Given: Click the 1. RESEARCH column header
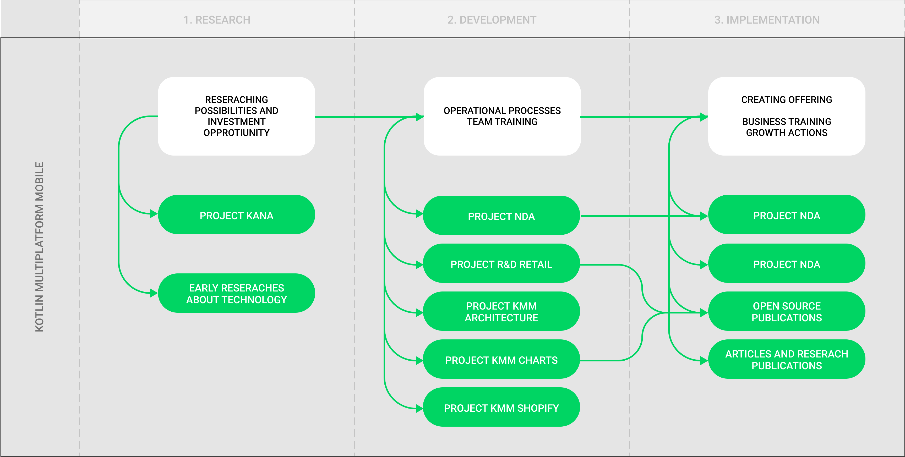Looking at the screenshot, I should click(x=217, y=20).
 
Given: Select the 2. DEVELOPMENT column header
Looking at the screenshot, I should click(x=492, y=20).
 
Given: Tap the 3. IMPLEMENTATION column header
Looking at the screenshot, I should click(x=767, y=20).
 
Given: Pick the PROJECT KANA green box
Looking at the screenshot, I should click(x=236, y=215).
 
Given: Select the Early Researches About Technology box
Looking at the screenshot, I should click(x=236, y=293).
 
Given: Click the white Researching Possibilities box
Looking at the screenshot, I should click(x=236, y=116).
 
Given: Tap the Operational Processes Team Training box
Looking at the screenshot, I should click(x=502, y=116).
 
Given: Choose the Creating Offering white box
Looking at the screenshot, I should click(x=786, y=116).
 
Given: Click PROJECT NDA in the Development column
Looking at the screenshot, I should click(x=501, y=216).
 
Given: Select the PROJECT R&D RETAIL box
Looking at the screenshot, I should click(x=501, y=264).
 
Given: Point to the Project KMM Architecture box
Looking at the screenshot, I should click(x=501, y=312).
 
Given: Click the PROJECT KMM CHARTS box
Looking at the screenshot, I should click(x=501, y=360).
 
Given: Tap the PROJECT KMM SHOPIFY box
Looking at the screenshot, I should click(x=501, y=408).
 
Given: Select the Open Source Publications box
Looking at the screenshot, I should click(x=786, y=312).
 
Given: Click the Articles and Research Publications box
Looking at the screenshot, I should click(x=786, y=360).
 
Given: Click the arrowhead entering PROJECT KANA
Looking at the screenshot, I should click(x=154, y=213).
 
